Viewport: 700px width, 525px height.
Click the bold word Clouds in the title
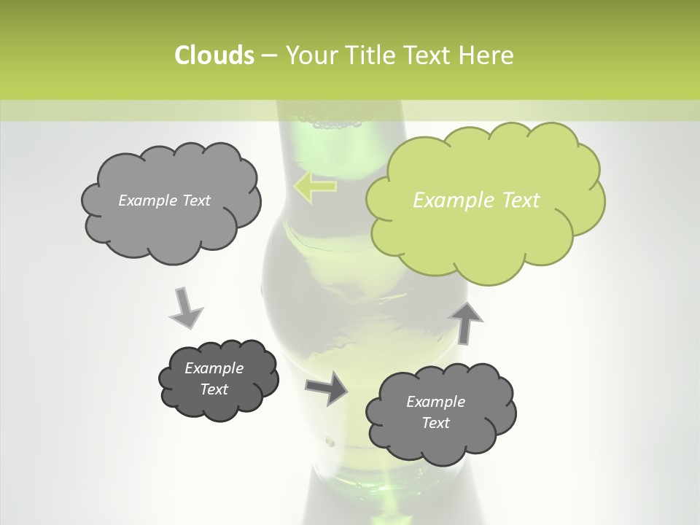point(214,55)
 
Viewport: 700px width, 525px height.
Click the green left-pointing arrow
point(315,187)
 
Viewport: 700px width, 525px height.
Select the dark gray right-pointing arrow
point(327,388)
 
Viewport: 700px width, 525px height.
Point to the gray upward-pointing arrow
point(467,321)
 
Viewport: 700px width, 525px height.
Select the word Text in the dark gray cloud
point(214,389)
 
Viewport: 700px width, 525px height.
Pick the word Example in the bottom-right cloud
point(435,402)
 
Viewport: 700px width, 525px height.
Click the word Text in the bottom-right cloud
point(436,423)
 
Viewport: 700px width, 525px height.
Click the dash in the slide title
point(268,56)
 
